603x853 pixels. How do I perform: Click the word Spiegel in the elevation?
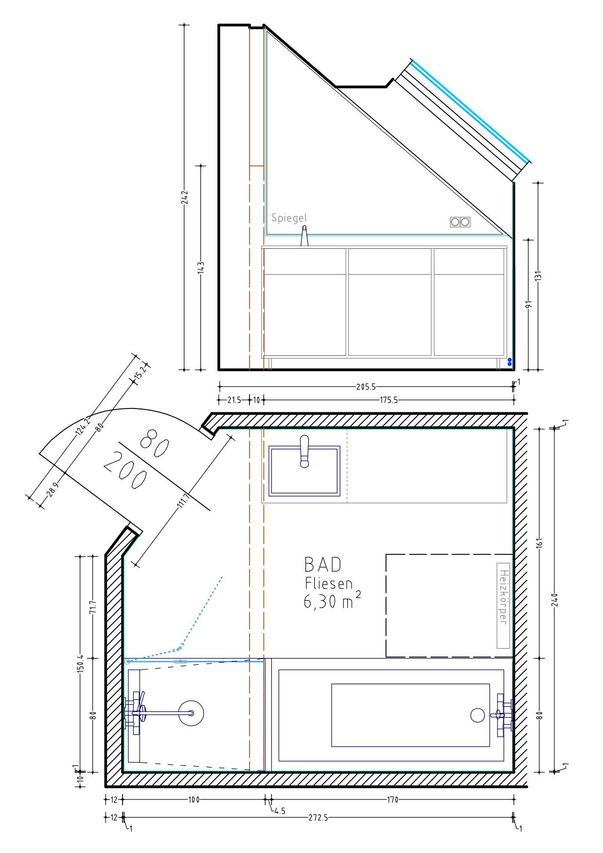tap(289, 218)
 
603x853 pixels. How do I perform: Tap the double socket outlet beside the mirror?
tap(460, 222)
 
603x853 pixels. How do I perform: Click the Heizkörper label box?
tap(503, 605)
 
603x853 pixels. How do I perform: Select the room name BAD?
tap(323, 565)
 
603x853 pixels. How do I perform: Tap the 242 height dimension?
tap(185, 197)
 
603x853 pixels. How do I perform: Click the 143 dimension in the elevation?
tap(201, 268)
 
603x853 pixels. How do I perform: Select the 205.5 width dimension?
tap(366, 387)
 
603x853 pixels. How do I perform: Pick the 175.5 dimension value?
tap(388, 400)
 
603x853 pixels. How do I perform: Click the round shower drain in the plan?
tap(191, 713)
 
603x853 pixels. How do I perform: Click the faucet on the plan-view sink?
tap(304, 451)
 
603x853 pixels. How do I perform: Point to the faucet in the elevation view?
tap(304, 236)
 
